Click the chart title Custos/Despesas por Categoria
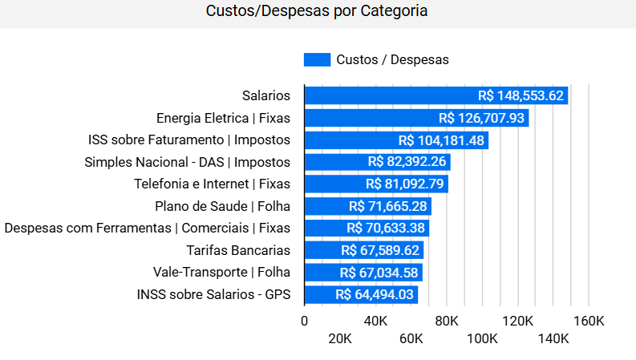317,11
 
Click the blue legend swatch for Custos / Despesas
317,59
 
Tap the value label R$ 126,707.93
482,118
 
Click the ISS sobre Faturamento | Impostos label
189,140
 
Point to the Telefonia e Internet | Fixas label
212,184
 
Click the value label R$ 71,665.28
388,206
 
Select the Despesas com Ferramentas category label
148,228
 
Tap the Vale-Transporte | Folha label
221,272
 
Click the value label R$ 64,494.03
375,294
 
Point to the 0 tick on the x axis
304,321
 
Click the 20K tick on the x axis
340,338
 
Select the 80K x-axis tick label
447,321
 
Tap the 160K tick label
589,321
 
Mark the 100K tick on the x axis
483,338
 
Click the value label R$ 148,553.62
521,95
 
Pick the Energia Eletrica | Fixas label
223,118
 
